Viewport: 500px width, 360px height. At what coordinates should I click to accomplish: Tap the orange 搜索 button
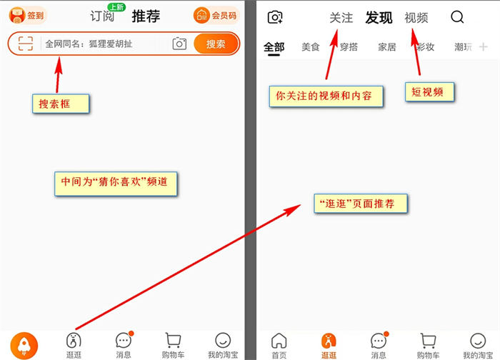point(216,44)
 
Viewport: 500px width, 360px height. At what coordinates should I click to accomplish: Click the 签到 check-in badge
point(27,15)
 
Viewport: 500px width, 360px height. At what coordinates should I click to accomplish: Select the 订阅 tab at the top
point(102,16)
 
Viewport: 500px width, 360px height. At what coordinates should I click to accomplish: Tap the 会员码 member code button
point(216,15)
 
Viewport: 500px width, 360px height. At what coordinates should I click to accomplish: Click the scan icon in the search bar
point(26,44)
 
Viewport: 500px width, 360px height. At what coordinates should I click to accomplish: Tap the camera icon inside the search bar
point(179,44)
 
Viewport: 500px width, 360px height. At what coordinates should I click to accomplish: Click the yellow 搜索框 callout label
point(61,104)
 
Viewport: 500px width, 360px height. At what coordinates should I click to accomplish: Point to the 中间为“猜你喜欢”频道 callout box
point(116,184)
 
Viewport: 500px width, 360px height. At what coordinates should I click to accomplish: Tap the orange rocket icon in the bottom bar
point(24,346)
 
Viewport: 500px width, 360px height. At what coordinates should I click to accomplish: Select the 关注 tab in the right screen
point(341,18)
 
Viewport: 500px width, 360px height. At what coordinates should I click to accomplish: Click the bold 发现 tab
point(379,18)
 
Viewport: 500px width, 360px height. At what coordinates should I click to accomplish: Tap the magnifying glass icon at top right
point(457,17)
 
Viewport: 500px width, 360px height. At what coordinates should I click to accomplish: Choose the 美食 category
point(310,47)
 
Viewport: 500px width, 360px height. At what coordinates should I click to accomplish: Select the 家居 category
point(387,47)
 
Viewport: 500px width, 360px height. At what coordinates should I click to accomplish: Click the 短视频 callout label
point(429,92)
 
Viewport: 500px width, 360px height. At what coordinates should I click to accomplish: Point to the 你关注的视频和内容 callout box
point(326,96)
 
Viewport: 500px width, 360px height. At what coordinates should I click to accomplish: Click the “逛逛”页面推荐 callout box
point(361,204)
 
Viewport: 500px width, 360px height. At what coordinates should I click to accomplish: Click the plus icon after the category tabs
point(484,47)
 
